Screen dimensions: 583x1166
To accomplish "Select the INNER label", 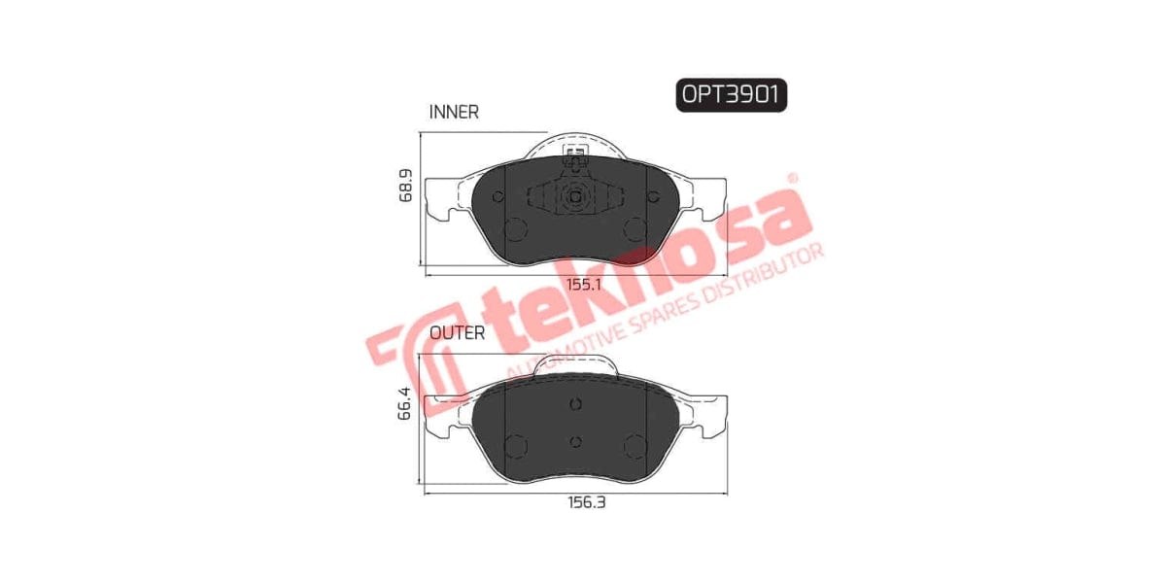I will click(x=454, y=112).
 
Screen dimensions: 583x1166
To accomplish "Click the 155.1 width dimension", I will click(x=584, y=285).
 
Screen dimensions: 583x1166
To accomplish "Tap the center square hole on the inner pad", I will click(x=574, y=196).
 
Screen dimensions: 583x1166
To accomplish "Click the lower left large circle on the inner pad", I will click(x=516, y=230).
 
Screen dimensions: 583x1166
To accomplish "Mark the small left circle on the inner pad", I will click(x=499, y=197).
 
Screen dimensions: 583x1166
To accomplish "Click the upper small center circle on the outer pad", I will click(x=574, y=405).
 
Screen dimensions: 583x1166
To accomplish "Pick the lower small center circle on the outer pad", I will click(x=574, y=442).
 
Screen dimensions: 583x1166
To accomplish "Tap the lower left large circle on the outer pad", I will click(x=516, y=446).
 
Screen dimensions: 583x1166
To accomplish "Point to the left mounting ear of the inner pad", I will click(x=445, y=201).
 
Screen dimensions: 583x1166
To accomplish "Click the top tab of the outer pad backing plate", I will click(x=576, y=363).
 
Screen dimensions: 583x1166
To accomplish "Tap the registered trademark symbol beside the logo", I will click(x=791, y=178).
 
